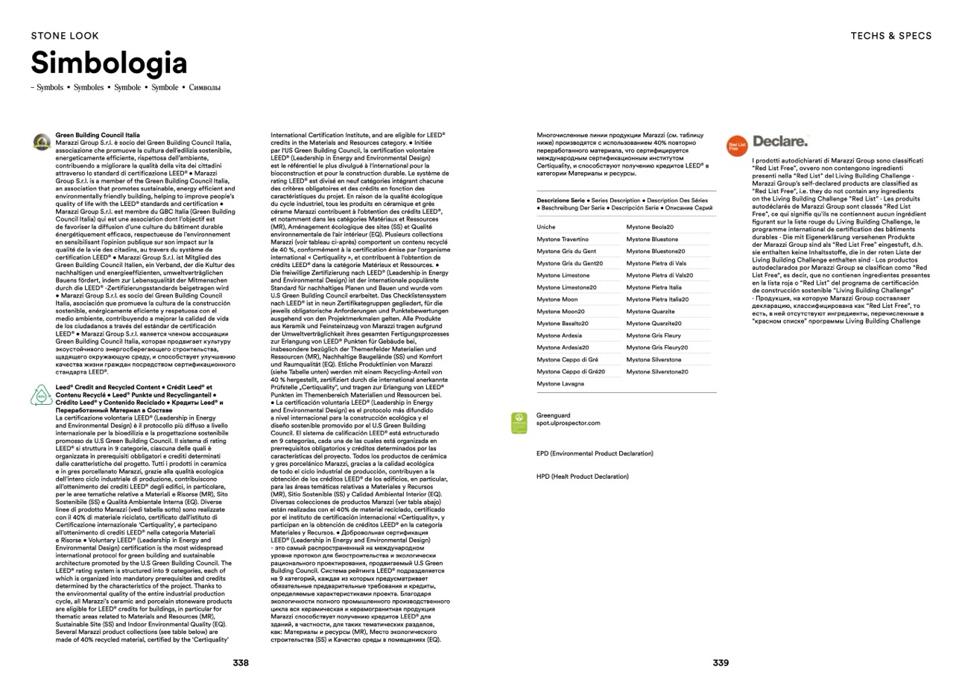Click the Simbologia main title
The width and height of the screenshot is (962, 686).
[109, 63]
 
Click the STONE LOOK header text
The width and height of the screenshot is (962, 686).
[65, 36]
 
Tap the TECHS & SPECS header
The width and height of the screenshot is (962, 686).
[891, 36]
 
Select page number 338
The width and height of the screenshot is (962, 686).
[241, 662]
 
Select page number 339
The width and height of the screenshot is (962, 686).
[721, 662]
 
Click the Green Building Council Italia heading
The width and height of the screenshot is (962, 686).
[98, 136]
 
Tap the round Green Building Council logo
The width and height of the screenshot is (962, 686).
[42, 142]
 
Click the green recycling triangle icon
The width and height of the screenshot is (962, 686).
[42, 394]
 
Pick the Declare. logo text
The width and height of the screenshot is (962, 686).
[780, 141]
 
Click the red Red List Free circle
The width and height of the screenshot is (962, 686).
[736, 146]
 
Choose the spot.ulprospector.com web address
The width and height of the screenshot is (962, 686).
[568, 423]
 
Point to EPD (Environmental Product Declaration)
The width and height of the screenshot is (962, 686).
[595, 453]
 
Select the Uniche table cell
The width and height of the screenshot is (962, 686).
[546, 227]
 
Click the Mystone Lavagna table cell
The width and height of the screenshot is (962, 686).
[560, 383]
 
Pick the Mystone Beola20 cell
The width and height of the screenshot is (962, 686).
[650, 227]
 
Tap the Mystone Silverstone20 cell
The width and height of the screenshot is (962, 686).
[657, 371]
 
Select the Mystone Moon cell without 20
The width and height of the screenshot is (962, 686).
[557, 299]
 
